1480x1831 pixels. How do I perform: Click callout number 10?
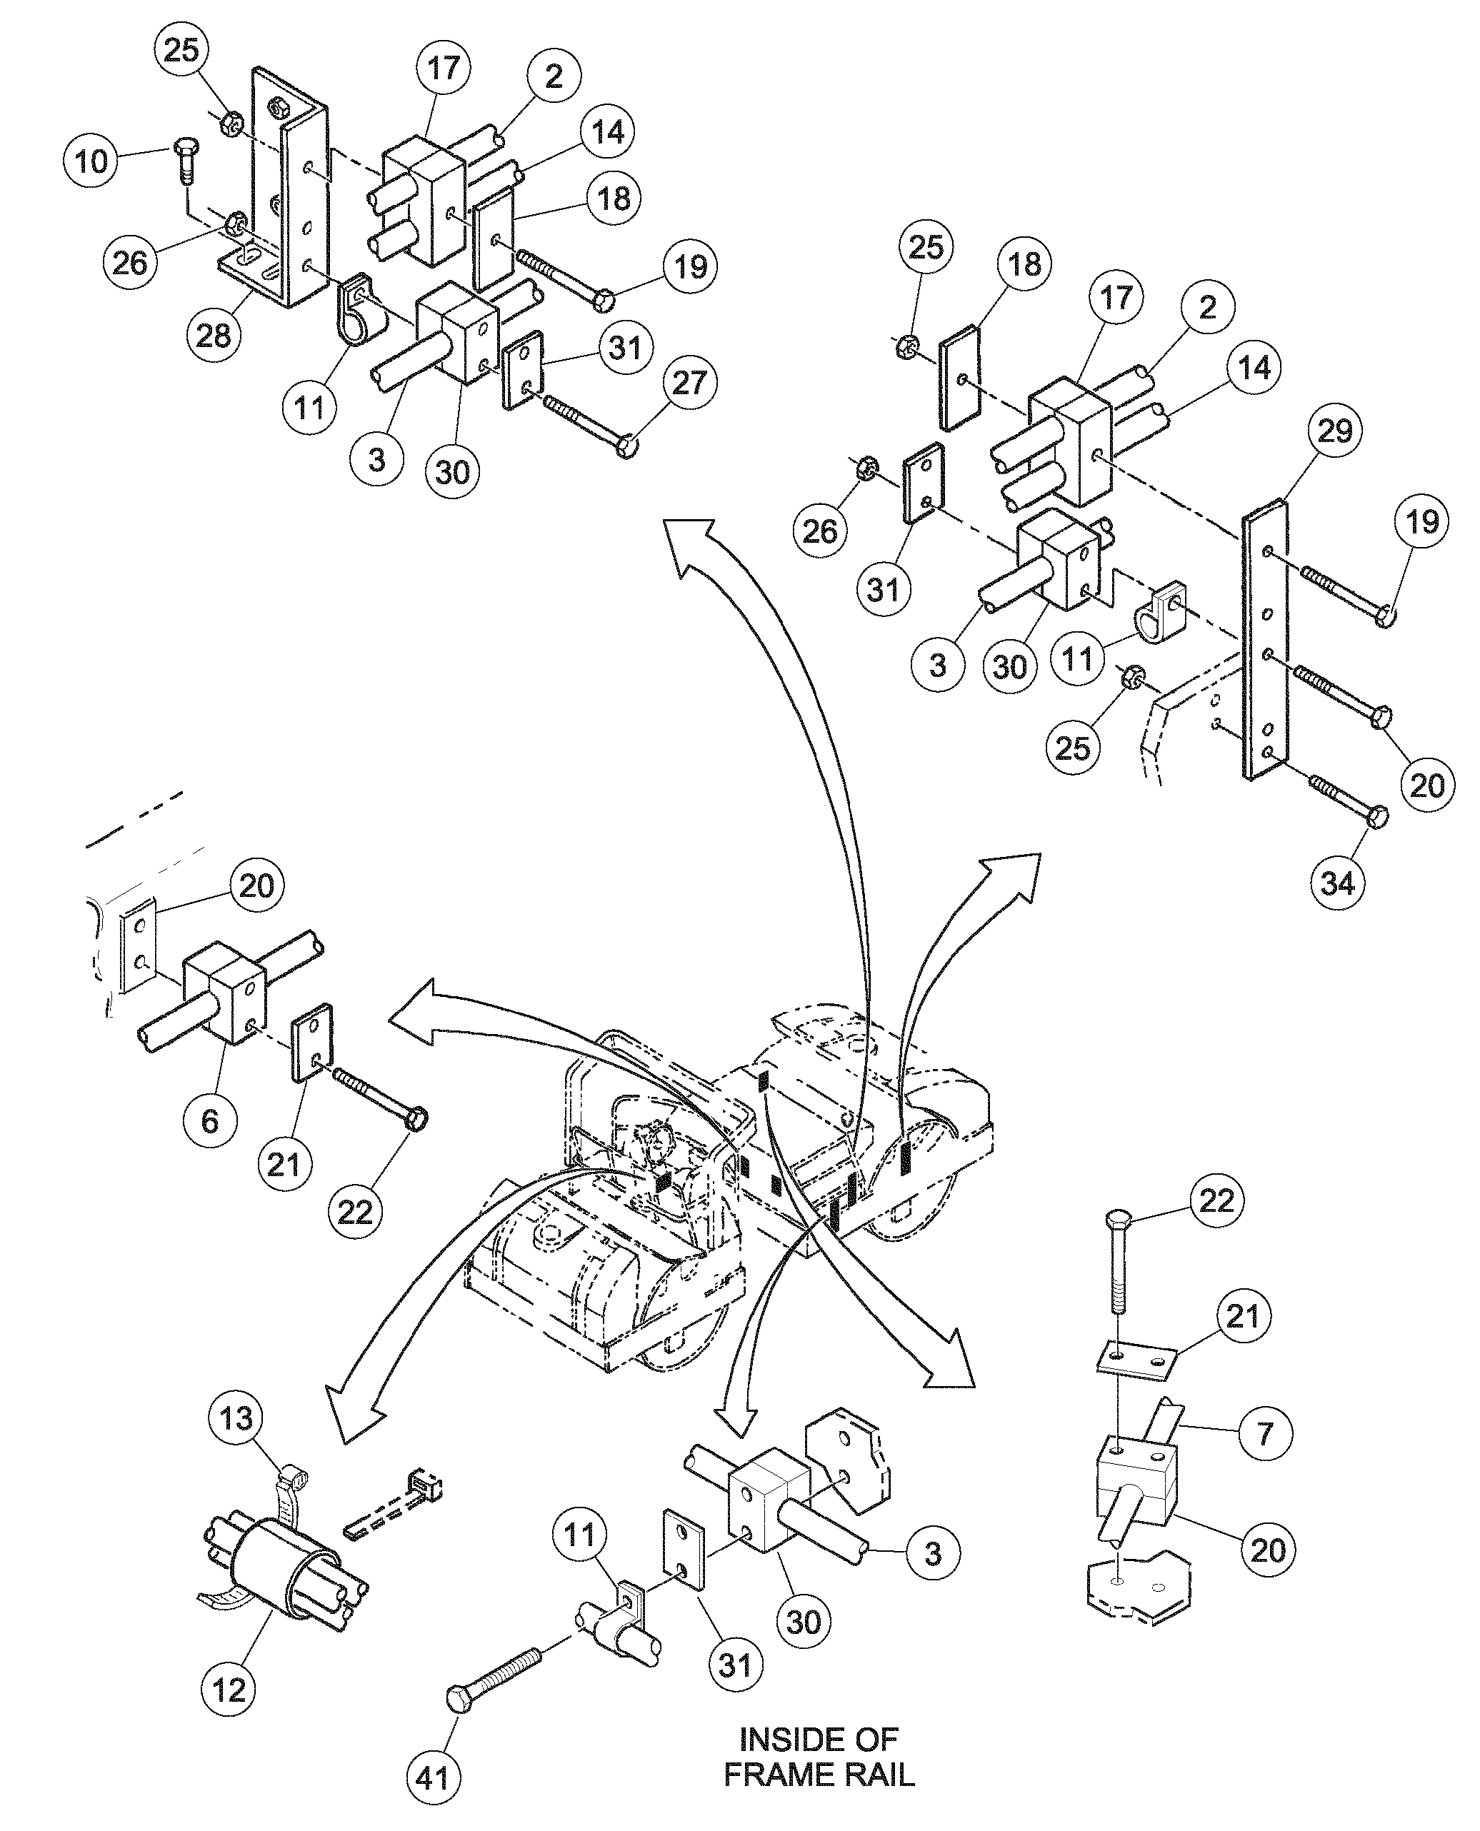click(92, 160)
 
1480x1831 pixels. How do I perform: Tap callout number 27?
click(689, 383)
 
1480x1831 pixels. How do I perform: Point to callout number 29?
click(1335, 431)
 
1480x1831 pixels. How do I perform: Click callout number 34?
click(1336, 883)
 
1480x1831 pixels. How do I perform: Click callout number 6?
click(210, 1121)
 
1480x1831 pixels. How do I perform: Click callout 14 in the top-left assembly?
click(607, 132)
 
